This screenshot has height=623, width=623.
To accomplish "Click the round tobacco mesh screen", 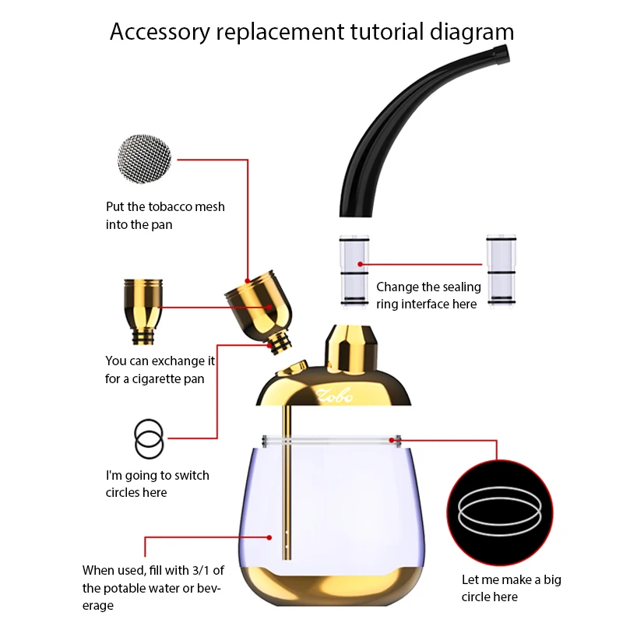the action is [144, 160].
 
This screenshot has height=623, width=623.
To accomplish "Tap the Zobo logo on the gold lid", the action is [335, 396].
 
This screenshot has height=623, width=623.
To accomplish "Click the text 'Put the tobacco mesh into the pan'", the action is [165, 215].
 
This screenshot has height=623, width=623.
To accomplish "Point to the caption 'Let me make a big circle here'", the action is [511, 588].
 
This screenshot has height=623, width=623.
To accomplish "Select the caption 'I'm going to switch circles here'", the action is [157, 484].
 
